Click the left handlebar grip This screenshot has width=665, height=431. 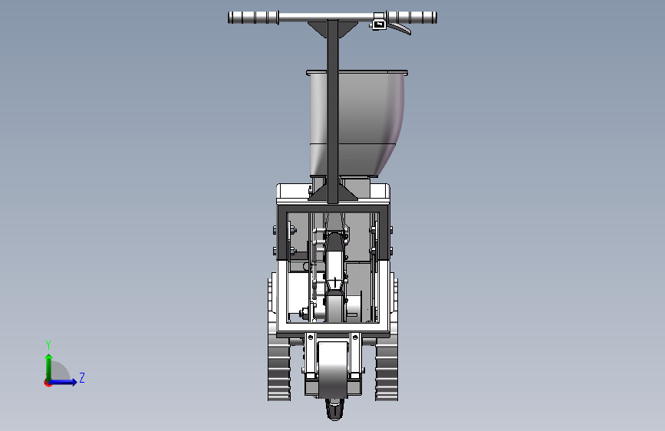point(253,18)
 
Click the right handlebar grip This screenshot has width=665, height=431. point(412,18)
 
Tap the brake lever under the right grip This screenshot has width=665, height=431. point(400,28)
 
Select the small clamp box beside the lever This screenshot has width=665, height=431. point(379,25)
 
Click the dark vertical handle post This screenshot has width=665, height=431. point(333,111)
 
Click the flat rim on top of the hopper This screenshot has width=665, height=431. point(357,73)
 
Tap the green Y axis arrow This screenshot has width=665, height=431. point(49,367)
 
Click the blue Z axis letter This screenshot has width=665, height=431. point(82,377)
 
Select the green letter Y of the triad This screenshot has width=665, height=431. point(48,344)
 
